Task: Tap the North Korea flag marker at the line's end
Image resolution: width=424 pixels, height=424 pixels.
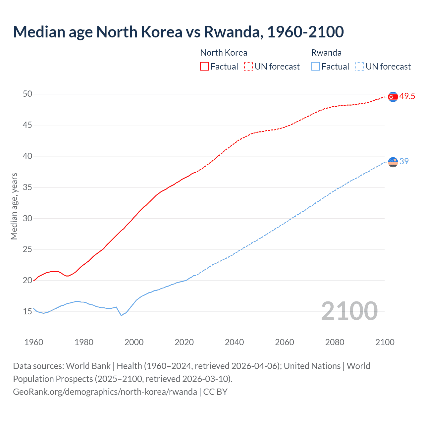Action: pyautogui.click(x=393, y=97)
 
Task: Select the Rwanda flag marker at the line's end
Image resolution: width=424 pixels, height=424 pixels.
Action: pyautogui.click(x=393, y=162)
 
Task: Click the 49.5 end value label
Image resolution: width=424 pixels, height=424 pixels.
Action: pyautogui.click(x=407, y=96)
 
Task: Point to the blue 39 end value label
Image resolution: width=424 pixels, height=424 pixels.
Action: pyautogui.click(x=404, y=161)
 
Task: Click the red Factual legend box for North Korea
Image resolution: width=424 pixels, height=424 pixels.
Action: pyautogui.click(x=204, y=66)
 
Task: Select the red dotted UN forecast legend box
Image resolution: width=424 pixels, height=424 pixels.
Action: pyautogui.click(x=248, y=66)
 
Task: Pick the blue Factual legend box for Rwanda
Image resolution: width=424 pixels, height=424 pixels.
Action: pyautogui.click(x=316, y=66)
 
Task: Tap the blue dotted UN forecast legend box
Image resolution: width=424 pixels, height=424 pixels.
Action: pyautogui.click(x=360, y=66)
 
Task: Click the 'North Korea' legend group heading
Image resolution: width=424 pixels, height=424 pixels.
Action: pyautogui.click(x=224, y=53)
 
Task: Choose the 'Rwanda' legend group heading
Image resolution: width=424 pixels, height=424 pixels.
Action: pyautogui.click(x=326, y=53)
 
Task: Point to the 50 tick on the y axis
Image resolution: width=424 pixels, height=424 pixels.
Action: pyautogui.click(x=27, y=94)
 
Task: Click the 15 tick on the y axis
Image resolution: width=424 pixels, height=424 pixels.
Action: pyautogui.click(x=27, y=312)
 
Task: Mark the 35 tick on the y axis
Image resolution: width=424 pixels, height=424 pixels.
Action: pyautogui.click(x=27, y=187)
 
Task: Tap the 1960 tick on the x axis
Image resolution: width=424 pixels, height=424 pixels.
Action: pyautogui.click(x=34, y=342)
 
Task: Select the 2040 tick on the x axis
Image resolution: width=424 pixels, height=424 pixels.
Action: pyautogui.click(x=234, y=342)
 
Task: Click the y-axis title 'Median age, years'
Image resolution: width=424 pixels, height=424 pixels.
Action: pyautogui.click(x=14, y=206)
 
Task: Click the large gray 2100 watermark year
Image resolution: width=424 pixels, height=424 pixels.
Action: pyautogui.click(x=349, y=311)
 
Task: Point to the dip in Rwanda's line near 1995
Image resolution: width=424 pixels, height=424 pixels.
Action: pyautogui.click(x=121, y=316)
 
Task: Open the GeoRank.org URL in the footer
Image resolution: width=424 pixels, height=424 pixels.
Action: pyautogui.click(x=105, y=392)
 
